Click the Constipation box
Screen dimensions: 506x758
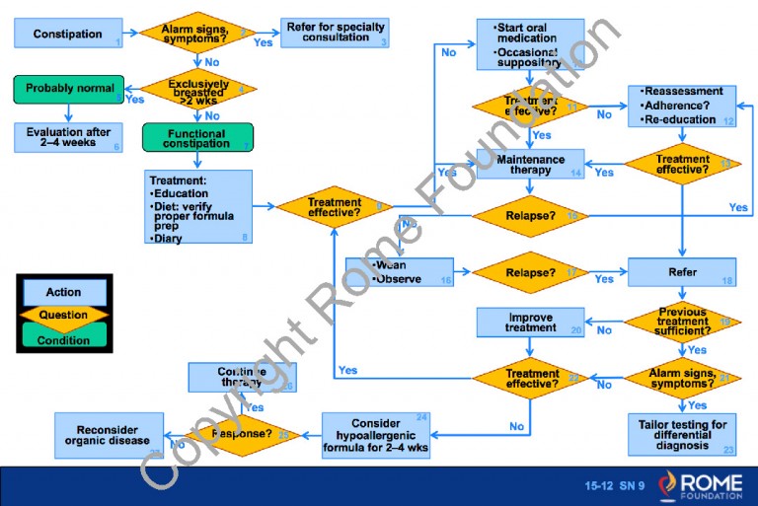(68, 34)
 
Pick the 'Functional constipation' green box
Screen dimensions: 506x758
(197, 138)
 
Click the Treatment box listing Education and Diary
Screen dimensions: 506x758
(197, 209)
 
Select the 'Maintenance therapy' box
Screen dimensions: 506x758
(530, 165)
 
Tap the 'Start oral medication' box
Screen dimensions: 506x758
(530, 43)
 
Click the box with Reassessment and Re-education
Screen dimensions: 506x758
(682, 106)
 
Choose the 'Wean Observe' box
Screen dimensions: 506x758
(399, 272)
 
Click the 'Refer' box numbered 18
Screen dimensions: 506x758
(682, 272)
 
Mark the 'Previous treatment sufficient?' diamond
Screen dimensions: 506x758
(682, 322)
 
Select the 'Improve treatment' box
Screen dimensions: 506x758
(530, 322)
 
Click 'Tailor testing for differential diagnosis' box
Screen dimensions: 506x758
(682, 433)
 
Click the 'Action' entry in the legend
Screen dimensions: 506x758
(64, 292)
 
